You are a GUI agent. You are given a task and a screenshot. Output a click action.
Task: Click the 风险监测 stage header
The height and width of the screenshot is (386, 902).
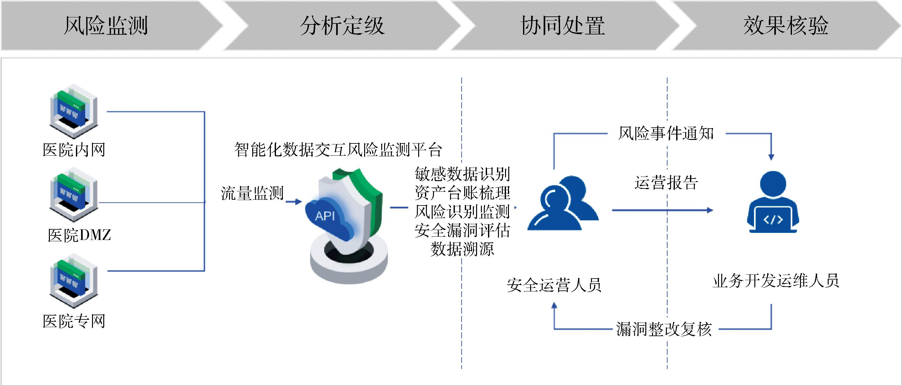tap(106, 25)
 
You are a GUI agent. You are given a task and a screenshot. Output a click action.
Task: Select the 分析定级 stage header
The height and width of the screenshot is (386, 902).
tap(342, 25)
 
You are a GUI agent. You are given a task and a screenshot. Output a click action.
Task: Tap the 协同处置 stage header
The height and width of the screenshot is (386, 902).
tap(563, 25)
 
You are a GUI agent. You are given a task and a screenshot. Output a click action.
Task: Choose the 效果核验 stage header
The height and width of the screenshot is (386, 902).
tap(786, 25)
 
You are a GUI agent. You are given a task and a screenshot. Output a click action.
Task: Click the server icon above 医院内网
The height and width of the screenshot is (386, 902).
tap(73, 111)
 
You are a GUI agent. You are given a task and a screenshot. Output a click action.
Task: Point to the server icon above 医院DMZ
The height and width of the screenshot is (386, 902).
tap(73, 194)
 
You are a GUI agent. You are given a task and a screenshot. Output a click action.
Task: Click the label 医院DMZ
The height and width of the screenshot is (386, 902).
tap(79, 235)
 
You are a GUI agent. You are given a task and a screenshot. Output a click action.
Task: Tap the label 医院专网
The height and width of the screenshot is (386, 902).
tap(74, 321)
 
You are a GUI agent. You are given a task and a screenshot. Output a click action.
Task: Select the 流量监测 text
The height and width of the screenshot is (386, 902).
tap(252, 193)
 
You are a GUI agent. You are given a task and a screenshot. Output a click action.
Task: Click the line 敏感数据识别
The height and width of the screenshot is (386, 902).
tap(462, 174)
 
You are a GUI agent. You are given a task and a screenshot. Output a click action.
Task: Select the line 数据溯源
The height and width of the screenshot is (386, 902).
tap(462, 249)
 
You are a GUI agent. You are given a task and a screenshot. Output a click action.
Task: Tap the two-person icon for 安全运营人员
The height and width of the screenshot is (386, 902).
tap(563, 204)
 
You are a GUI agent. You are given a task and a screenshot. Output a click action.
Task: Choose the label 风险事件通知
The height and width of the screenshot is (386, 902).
tap(666, 133)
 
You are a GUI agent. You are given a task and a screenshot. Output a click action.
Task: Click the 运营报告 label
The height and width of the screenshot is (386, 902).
tap(666, 182)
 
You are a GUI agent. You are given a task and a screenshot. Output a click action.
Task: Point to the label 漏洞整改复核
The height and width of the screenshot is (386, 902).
tap(664, 329)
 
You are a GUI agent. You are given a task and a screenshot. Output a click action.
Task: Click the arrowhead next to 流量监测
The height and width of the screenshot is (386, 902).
tap(298, 202)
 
